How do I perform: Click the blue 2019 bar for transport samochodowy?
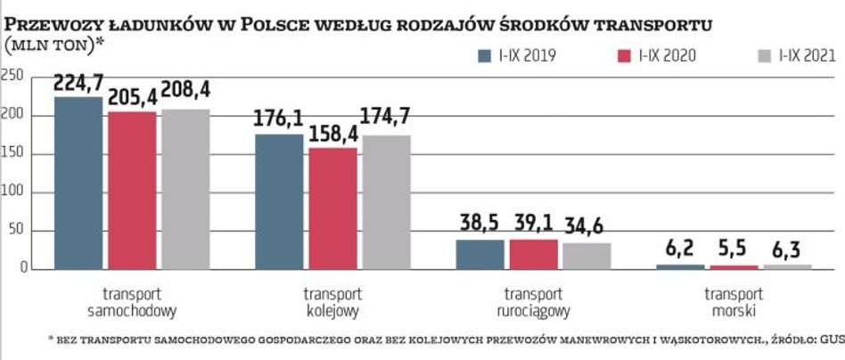[78, 183]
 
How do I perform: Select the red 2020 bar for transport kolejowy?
[332, 208]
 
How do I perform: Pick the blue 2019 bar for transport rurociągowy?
[480, 254]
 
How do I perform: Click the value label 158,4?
[332, 136]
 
